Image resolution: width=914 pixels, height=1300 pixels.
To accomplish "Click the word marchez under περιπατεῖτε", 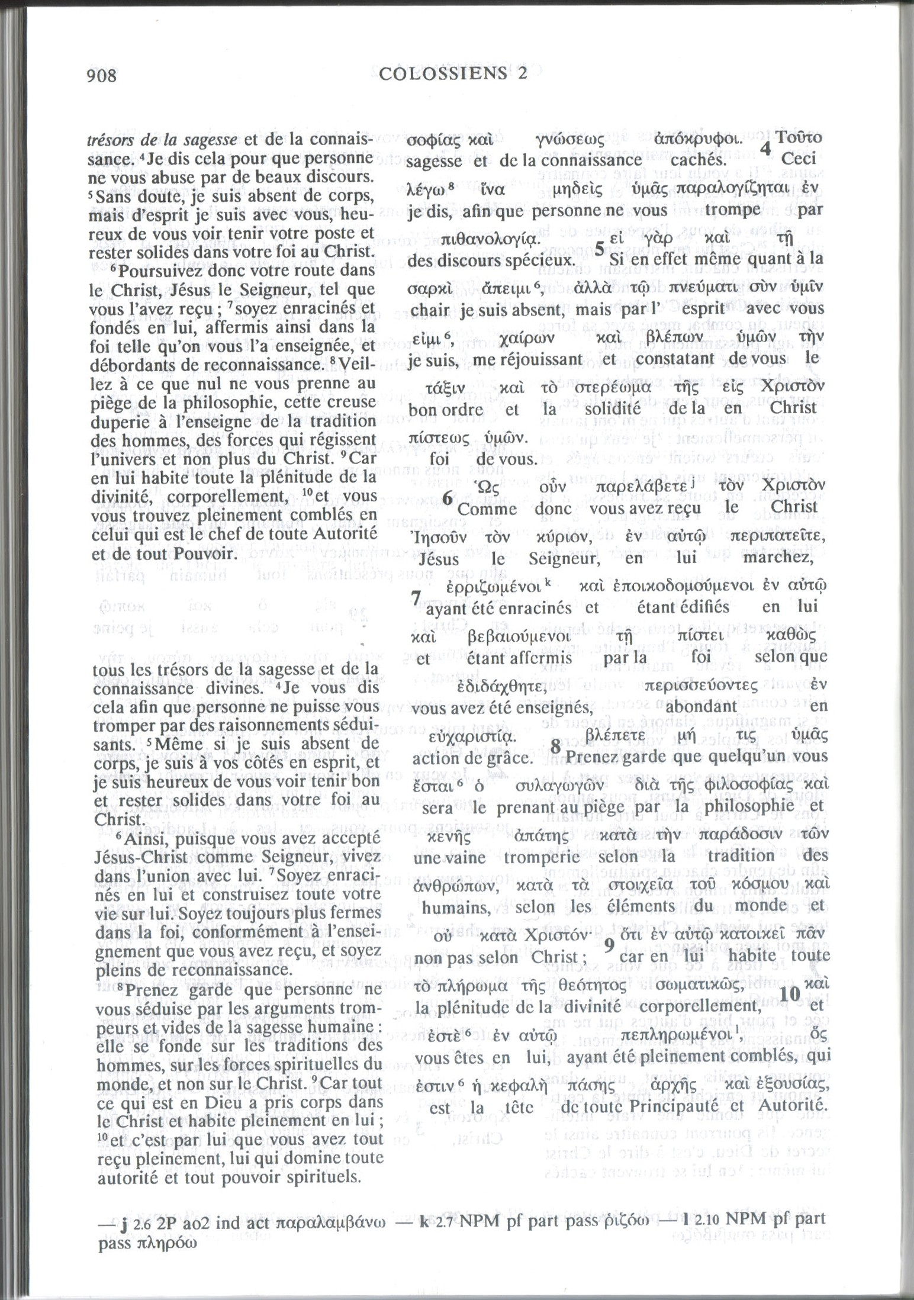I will coord(776,557).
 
